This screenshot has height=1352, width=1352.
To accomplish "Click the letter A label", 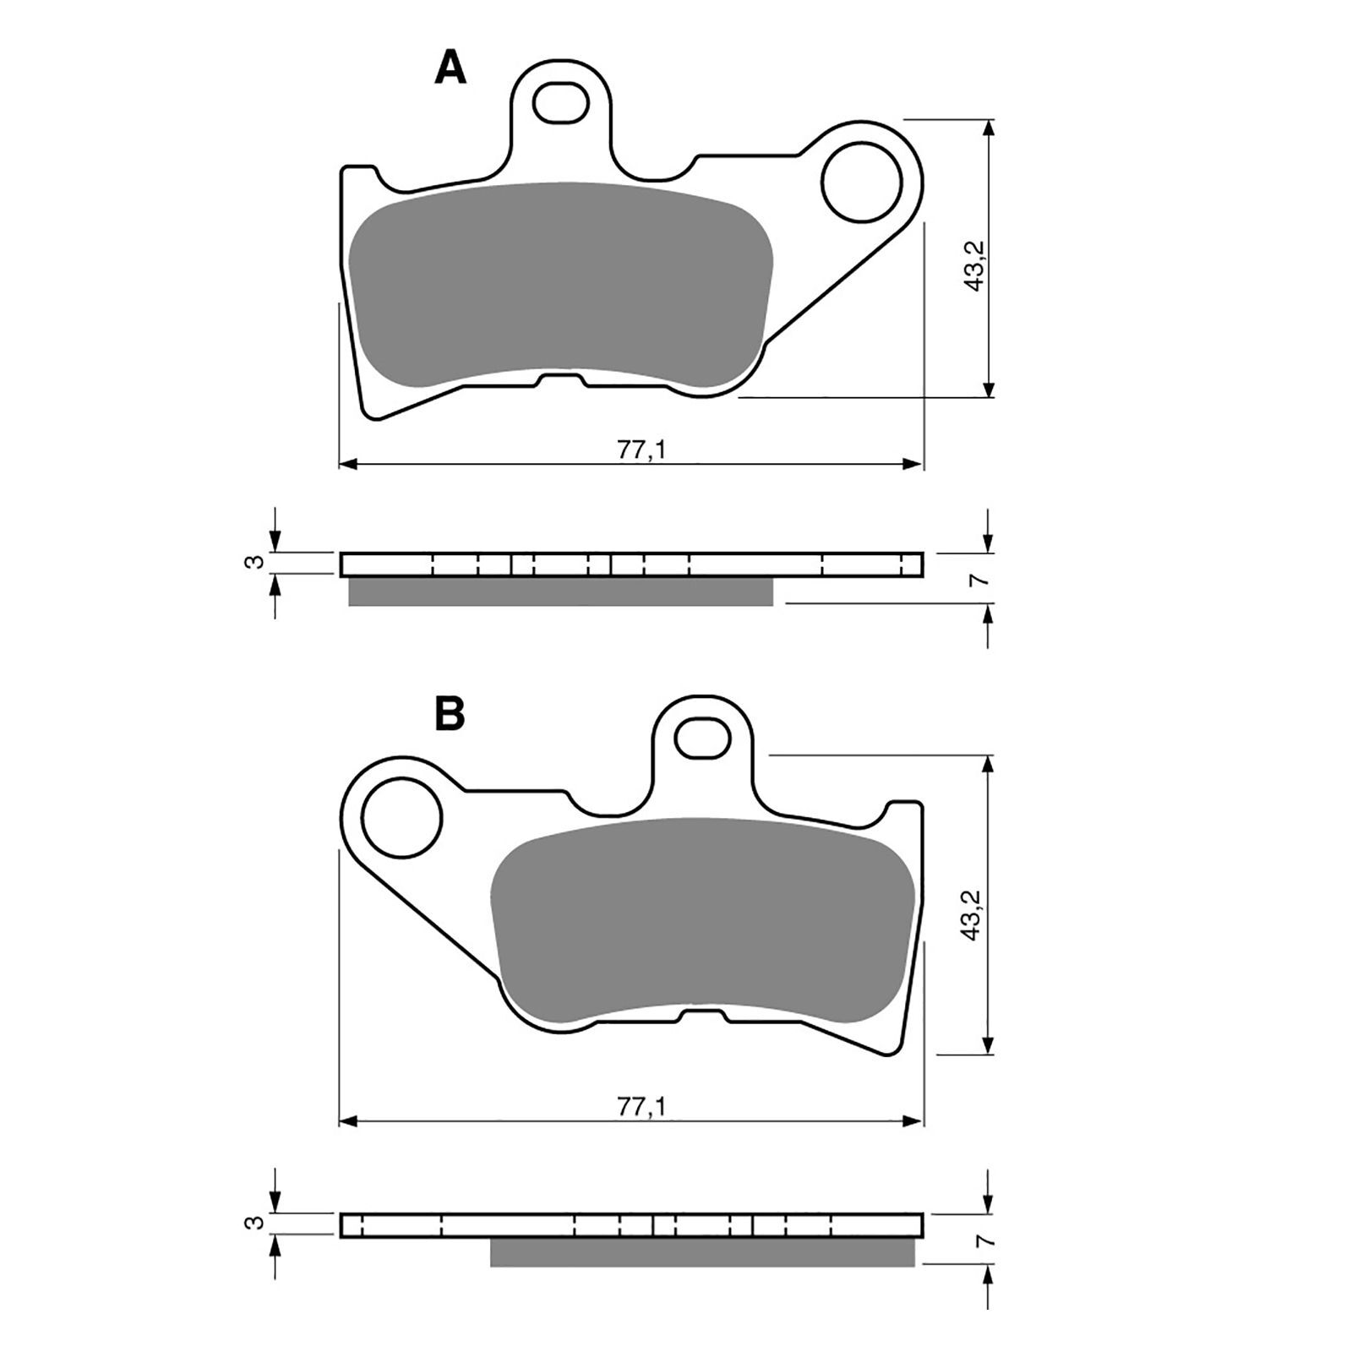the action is click(x=450, y=68).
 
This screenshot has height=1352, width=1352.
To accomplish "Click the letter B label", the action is click(x=450, y=713).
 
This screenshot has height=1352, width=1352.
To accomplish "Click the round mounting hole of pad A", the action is click(x=862, y=182).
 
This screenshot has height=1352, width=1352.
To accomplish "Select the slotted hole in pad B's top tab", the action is click(x=703, y=738).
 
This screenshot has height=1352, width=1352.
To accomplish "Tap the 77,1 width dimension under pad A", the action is click(x=641, y=450).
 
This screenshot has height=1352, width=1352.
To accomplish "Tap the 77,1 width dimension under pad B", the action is click(x=641, y=1107).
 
